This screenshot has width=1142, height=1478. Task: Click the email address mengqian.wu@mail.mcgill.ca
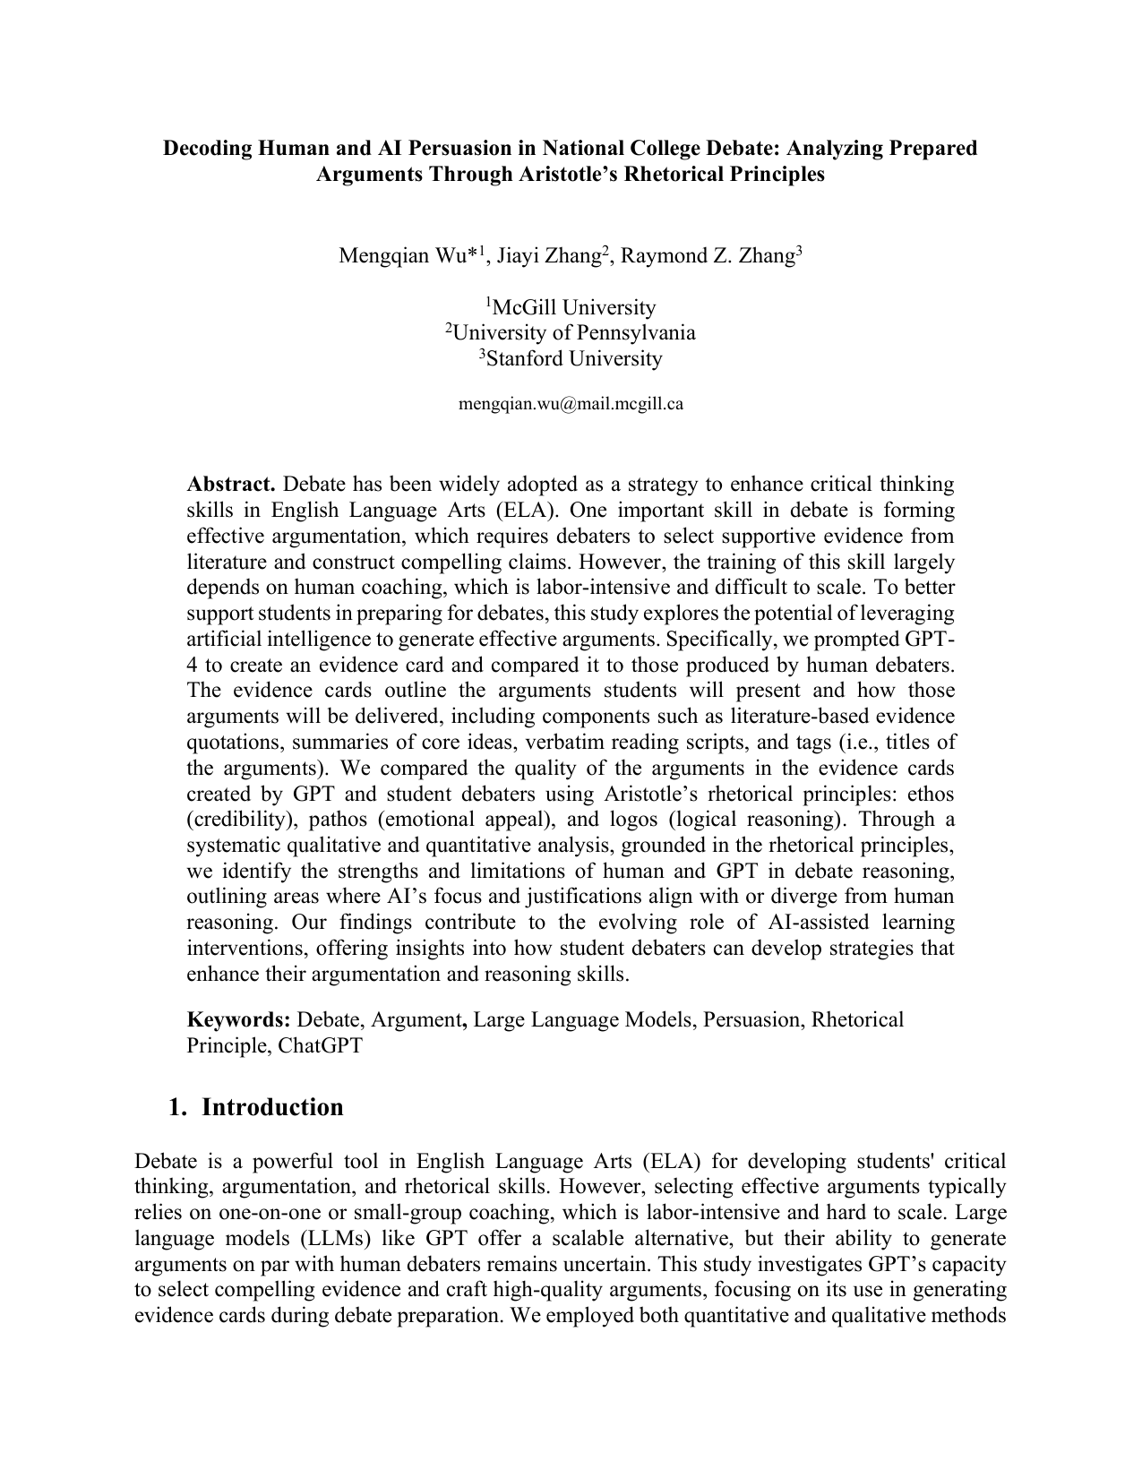point(571,404)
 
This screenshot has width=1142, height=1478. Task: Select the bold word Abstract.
point(230,485)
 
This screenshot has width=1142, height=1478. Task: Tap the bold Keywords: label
point(238,1019)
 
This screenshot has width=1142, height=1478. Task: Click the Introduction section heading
point(272,1107)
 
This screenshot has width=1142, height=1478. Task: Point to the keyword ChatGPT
point(320,1045)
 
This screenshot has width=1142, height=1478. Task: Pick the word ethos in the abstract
point(931,795)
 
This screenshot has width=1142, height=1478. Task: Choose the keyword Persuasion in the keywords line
point(751,1019)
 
